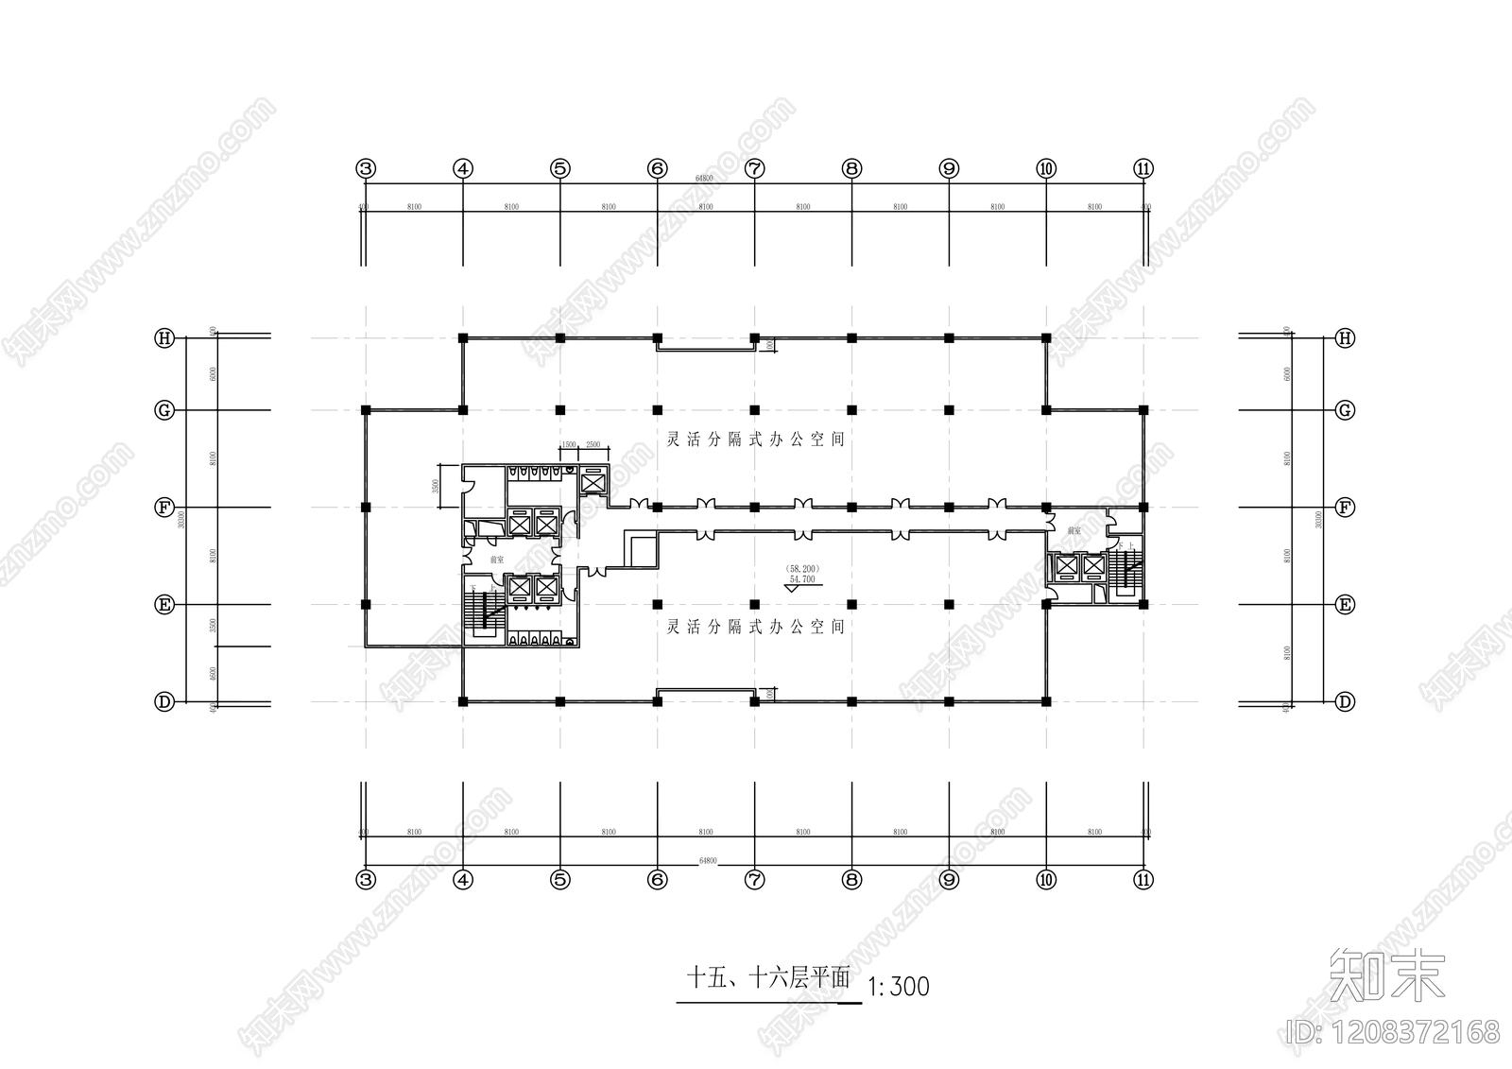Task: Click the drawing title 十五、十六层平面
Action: point(768,977)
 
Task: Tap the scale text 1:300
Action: point(898,988)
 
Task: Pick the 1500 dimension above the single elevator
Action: point(569,444)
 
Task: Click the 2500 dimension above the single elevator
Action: point(593,444)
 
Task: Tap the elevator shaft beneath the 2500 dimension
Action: point(593,483)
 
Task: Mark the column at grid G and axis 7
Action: point(754,410)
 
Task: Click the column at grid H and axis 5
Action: point(559,337)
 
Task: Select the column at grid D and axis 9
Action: point(949,701)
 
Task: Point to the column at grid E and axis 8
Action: point(851,604)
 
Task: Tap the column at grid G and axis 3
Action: point(366,410)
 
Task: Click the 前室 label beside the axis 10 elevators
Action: point(1074,532)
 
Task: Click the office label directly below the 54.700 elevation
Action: point(755,627)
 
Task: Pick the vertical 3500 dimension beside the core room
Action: point(435,486)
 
